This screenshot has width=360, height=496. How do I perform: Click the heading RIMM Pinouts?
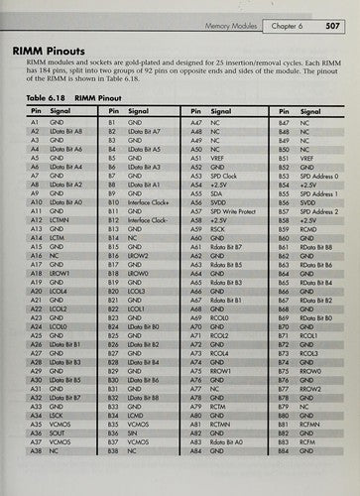coord(62,47)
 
